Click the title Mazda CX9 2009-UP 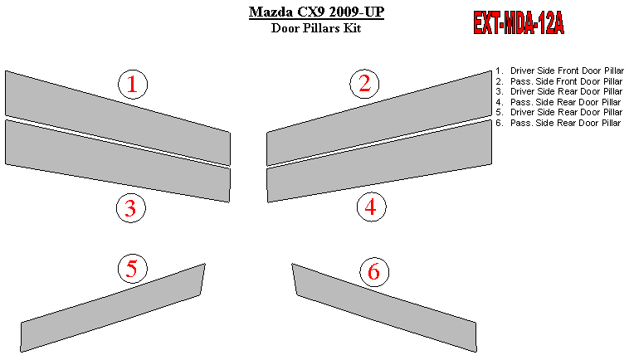click(x=316, y=12)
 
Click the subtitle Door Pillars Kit click(x=316, y=28)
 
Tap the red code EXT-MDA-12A click(x=519, y=23)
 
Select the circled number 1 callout click(x=133, y=84)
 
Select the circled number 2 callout click(x=364, y=84)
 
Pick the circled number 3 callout click(x=131, y=207)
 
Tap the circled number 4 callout click(x=371, y=207)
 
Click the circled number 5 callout click(x=133, y=269)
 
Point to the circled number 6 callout click(x=374, y=271)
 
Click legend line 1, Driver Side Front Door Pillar click(x=560, y=71)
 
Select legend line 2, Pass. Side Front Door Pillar click(x=559, y=81)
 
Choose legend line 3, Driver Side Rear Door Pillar click(x=559, y=92)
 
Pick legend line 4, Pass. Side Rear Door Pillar click(x=558, y=102)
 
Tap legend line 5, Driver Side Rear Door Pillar click(x=559, y=112)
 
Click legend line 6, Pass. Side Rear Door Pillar click(x=558, y=123)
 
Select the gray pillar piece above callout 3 click(x=118, y=161)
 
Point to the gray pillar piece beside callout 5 click(x=113, y=308)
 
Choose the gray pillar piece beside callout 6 click(x=384, y=308)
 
